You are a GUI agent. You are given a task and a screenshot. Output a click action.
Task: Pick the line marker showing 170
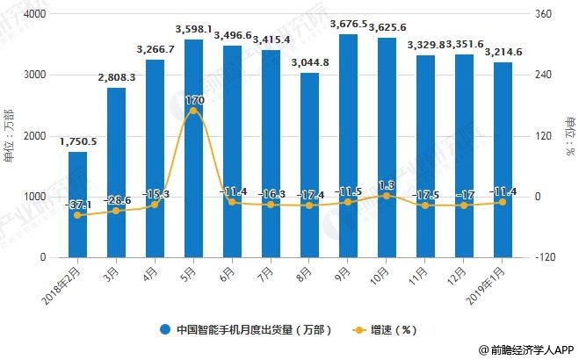coord(193,111)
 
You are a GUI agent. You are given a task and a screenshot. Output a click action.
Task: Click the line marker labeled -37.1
coord(77,215)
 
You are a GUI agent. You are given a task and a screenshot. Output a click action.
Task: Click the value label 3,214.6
coord(502,53)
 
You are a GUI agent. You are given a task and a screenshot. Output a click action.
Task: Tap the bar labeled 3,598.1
coord(193,148)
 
